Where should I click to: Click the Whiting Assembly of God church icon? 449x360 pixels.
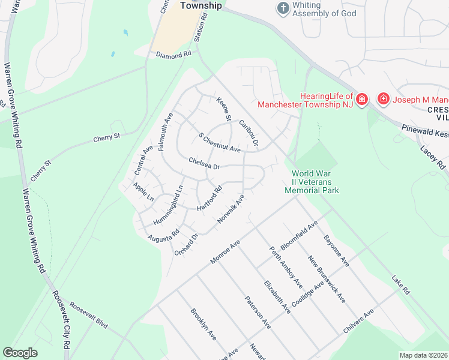pyautogui.click(x=283, y=8)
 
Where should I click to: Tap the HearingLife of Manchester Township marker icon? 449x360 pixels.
pyautogui.click(x=361, y=99)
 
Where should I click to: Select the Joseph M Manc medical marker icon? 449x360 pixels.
pyautogui.click(x=382, y=98)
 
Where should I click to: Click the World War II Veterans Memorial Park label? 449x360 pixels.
pyautogui.click(x=312, y=182)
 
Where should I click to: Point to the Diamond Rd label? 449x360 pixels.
pyautogui.click(x=173, y=54)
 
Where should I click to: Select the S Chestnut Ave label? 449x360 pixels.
pyautogui.click(x=220, y=142)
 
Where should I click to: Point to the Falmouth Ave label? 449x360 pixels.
pyautogui.click(x=166, y=131)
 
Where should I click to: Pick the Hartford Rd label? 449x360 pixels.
pyautogui.click(x=210, y=197)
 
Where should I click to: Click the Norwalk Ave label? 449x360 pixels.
pyautogui.click(x=231, y=209)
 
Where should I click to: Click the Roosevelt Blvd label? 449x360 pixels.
pyautogui.click(x=88, y=315)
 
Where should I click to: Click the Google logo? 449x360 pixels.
pyautogui.click(x=20, y=353)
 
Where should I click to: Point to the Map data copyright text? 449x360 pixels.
pyautogui.click(x=423, y=355)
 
